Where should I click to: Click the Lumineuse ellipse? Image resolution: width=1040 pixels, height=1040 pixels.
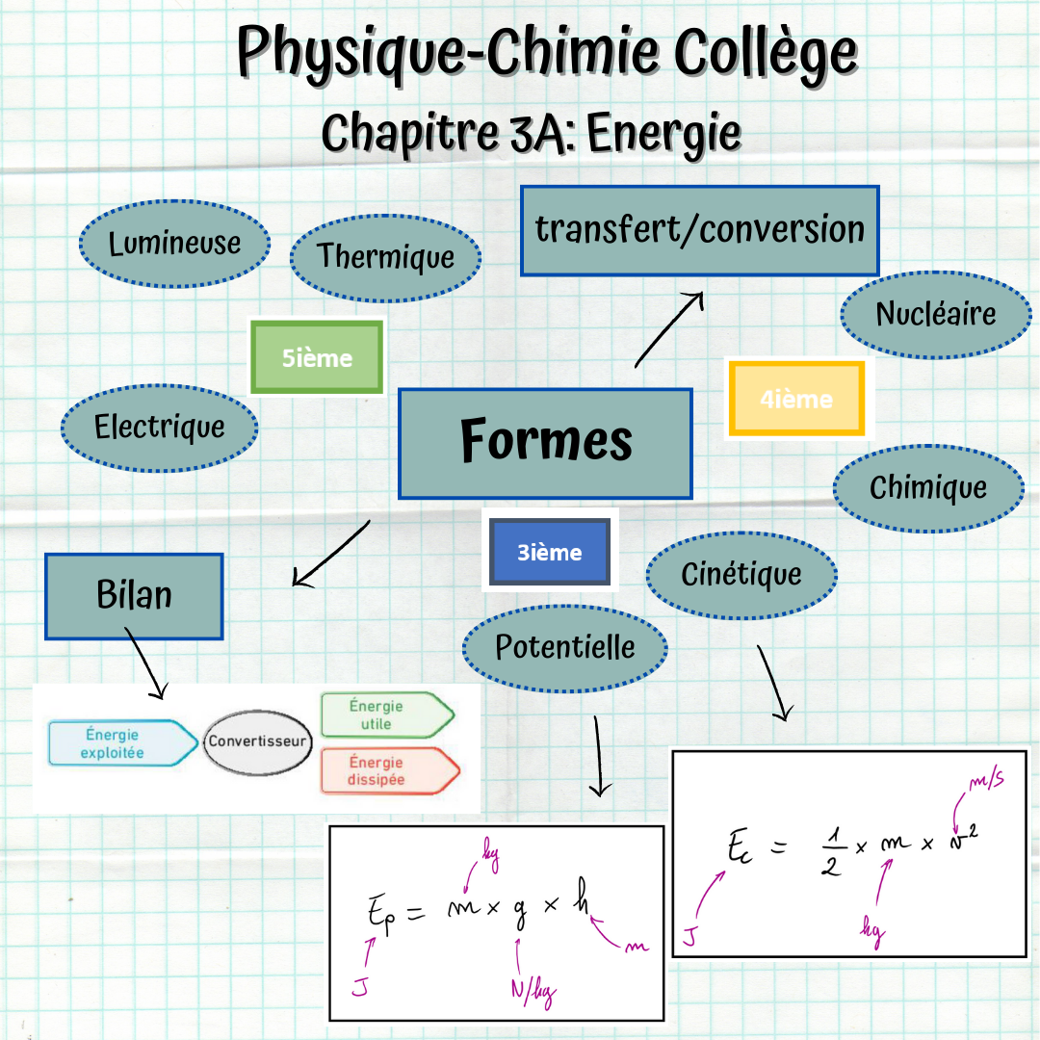click(174, 245)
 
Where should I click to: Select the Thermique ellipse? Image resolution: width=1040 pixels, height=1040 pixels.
click(385, 257)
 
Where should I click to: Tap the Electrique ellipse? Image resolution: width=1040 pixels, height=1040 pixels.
click(159, 427)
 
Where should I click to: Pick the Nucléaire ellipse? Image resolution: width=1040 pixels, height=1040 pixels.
click(935, 314)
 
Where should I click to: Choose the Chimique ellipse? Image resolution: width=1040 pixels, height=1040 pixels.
click(927, 488)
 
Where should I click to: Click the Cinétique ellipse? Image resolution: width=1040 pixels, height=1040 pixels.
click(741, 575)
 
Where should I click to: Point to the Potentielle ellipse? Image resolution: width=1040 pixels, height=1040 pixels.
click(564, 647)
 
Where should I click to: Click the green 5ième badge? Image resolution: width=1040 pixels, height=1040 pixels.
click(317, 358)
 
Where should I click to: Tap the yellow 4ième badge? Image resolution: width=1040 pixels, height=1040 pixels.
click(796, 399)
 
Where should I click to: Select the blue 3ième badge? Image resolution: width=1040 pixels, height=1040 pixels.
click(549, 553)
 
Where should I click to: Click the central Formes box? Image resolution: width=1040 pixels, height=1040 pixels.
click(545, 443)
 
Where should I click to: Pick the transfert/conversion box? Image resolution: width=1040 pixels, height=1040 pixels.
click(699, 231)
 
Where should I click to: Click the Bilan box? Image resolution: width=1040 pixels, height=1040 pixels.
click(134, 595)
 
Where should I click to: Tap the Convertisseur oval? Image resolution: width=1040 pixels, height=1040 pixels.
click(259, 741)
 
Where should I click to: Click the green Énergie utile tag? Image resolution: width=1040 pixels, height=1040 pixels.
click(383, 715)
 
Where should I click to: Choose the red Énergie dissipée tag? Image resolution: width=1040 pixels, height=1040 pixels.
click(385, 771)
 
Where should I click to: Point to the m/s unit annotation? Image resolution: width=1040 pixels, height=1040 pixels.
click(985, 781)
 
